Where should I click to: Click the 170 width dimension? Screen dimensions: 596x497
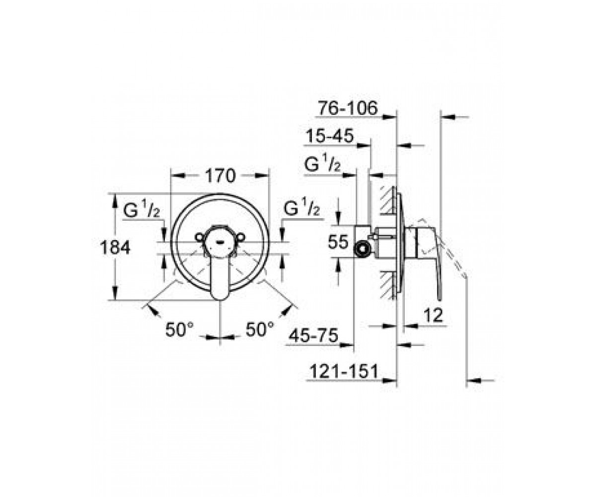[221, 176]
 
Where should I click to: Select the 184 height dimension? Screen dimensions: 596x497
[115, 248]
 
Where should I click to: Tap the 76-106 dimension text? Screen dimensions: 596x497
[348, 108]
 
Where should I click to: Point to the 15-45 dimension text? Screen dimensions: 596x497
[330, 136]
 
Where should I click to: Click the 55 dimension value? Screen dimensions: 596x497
[339, 242]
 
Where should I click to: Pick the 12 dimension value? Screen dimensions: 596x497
[433, 315]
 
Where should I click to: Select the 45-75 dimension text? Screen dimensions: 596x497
[313, 335]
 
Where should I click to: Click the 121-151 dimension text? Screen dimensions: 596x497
[344, 372]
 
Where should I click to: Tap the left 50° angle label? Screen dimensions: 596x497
[179, 330]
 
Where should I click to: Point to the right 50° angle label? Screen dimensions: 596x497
[260, 330]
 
